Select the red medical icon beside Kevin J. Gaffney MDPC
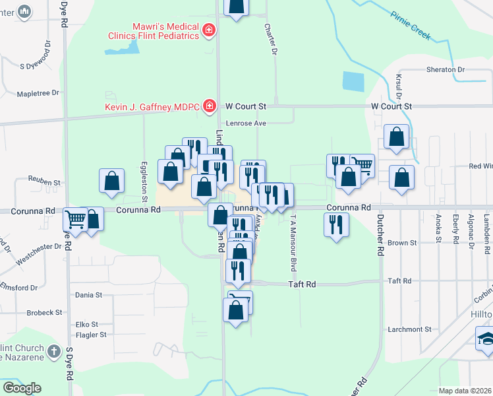210,106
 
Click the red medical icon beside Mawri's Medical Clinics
209,30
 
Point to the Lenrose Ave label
246,123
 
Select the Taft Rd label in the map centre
303,284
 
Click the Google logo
22,388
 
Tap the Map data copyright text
465,391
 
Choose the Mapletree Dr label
38,94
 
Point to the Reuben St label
44,180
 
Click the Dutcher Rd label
380,234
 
